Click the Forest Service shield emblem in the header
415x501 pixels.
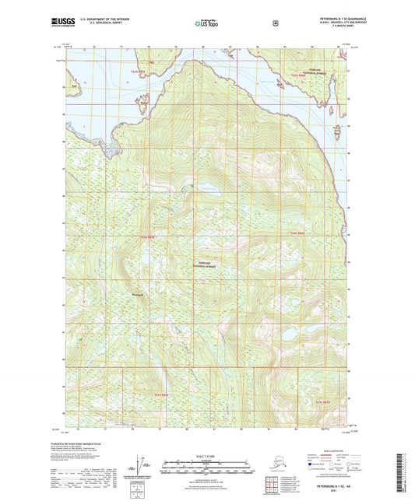pos(275,23)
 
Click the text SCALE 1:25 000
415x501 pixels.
pos(206,454)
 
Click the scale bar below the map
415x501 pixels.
pos(206,468)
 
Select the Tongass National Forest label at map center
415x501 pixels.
pos(199,263)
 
